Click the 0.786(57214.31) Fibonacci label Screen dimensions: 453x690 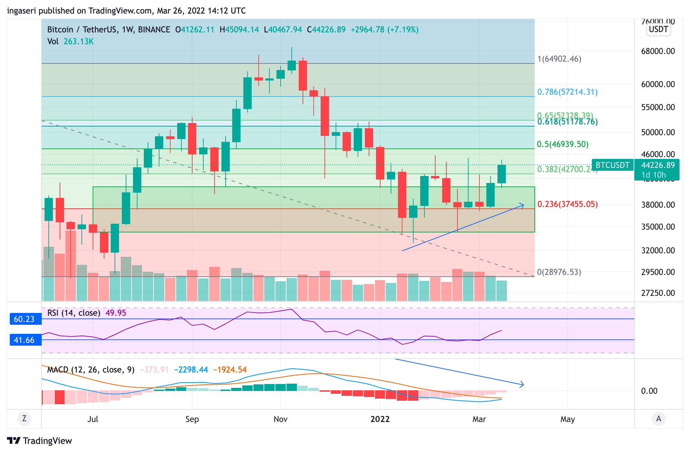(567, 92)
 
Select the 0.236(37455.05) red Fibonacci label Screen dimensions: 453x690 (567, 204)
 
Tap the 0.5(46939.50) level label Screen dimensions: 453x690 (562, 144)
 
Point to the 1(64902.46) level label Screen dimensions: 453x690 (559, 59)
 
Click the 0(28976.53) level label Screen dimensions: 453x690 (559, 272)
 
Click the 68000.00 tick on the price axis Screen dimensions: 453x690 (658, 51)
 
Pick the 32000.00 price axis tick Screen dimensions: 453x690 (658, 251)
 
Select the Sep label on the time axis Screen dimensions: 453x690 (192, 419)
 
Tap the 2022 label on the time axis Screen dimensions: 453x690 (380, 419)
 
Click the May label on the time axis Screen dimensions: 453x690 (567, 419)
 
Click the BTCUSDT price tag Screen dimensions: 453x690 (612, 165)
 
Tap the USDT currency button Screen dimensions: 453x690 (658, 29)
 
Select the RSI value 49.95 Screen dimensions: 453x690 (116, 313)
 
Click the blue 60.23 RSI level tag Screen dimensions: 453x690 (24, 319)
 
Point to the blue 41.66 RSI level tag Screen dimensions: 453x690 (24, 340)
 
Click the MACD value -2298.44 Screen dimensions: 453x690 (191, 370)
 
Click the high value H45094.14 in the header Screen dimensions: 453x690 (239, 30)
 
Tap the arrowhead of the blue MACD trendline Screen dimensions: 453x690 (522, 385)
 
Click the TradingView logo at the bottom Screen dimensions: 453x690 (39, 441)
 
